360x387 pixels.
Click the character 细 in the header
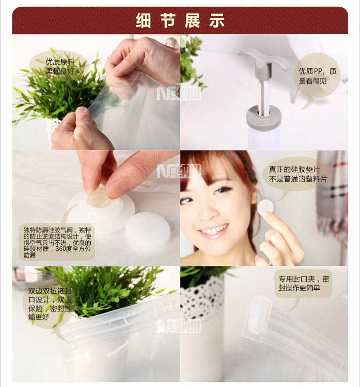click(x=143, y=20)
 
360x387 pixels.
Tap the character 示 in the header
click(x=217, y=20)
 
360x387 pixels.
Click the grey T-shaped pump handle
click(x=264, y=59)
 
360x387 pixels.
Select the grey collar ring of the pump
click(x=264, y=115)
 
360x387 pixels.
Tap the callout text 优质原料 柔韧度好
click(x=60, y=67)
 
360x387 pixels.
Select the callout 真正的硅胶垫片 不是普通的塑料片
click(x=298, y=174)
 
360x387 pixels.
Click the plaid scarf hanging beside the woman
click(x=331, y=195)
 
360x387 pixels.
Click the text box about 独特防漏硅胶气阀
click(x=57, y=242)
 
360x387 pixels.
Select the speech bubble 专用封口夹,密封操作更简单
click(x=304, y=283)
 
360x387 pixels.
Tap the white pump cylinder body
click(x=264, y=138)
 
